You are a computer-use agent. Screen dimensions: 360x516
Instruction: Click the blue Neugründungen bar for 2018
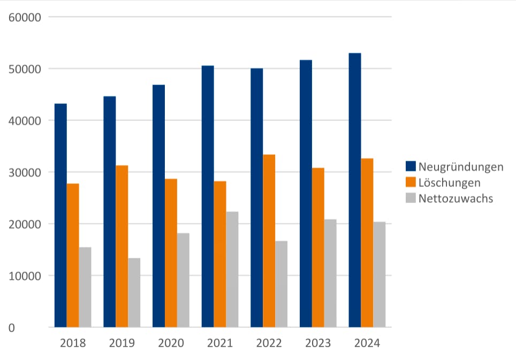(60, 215)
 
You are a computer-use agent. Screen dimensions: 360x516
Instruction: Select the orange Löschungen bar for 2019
(122, 246)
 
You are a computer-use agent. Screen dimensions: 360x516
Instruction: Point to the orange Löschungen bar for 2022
(269, 241)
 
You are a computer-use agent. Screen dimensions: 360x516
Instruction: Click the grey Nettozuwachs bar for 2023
(330, 273)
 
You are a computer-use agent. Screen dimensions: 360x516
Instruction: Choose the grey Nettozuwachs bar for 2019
(134, 292)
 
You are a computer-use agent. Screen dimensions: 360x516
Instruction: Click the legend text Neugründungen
(461, 167)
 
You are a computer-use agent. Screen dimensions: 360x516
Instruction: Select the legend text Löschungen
(449, 183)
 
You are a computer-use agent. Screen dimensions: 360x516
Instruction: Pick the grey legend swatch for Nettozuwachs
(411, 198)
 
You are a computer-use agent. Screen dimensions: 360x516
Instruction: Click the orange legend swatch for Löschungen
(411, 183)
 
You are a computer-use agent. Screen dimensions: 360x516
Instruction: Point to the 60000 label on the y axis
(25, 17)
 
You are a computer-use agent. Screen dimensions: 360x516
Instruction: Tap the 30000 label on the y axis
(25, 172)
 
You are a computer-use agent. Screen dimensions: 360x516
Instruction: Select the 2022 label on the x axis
(269, 343)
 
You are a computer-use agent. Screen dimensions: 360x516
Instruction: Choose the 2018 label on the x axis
(73, 343)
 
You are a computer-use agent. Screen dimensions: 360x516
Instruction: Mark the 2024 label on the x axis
(367, 343)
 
